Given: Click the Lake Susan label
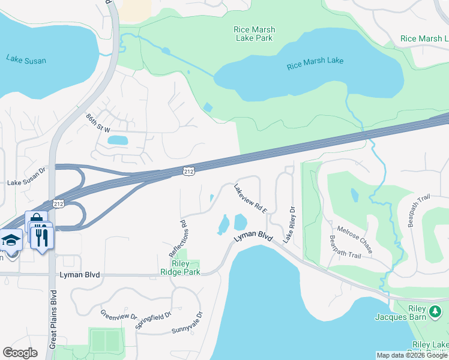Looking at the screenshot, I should click(x=26, y=60).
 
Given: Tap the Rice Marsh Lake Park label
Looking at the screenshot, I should click(x=254, y=34).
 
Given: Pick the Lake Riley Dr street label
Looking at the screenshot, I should click(x=290, y=225).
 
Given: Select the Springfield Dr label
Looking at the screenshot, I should click(x=154, y=320).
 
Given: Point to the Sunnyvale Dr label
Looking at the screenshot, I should click(x=187, y=322).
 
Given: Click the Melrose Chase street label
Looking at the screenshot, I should click(x=354, y=239).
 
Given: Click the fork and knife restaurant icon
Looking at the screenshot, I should click(x=41, y=237).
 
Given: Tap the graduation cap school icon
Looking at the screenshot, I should click(x=11, y=241).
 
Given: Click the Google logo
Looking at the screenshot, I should click(x=20, y=353).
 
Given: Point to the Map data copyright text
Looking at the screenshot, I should click(x=412, y=355).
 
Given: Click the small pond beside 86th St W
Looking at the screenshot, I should click(x=117, y=140).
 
